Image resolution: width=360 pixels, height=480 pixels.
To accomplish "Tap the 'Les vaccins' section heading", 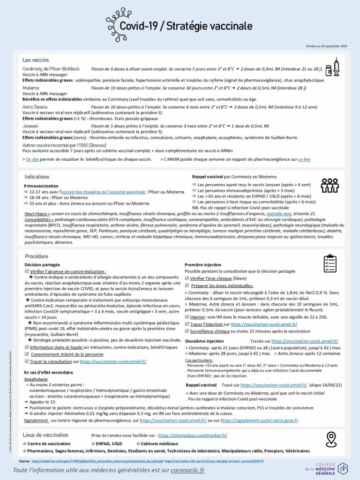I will [x=35, y=60].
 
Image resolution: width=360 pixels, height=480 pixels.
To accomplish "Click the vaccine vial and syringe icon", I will [x=332, y=67].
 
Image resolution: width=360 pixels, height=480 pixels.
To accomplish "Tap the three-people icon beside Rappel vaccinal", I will [x=330, y=186].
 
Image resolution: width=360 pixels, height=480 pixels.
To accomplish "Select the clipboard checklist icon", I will [x=330, y=265].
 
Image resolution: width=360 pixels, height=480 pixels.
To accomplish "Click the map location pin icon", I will [x=332, y=439].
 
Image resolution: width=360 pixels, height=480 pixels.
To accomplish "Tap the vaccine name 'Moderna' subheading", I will [x=30, y=88].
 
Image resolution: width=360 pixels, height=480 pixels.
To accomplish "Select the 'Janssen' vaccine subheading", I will [x=30, y=126].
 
